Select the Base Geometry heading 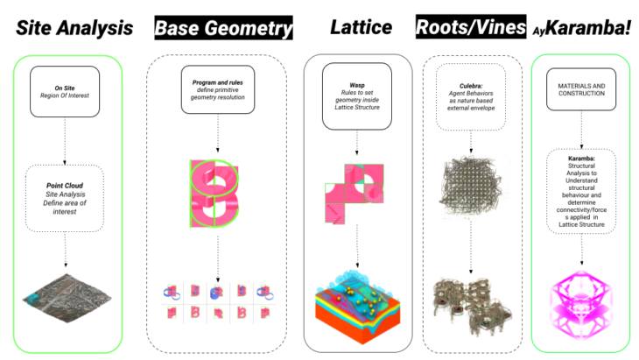223,28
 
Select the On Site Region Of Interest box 66,92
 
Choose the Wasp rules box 357,89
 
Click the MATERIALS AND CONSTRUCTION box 582,88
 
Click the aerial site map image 66,299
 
